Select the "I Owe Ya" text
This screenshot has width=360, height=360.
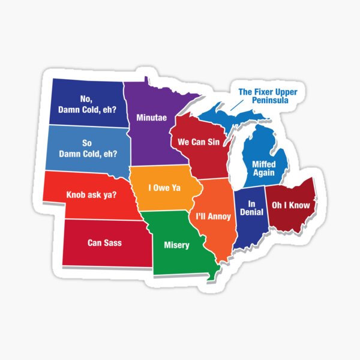click(x=164, y=188)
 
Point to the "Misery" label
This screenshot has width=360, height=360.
click(x=176, y=245)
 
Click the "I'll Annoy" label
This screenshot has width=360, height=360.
click(x=213, y=214)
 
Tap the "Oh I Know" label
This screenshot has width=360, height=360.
click(x=290, y=205)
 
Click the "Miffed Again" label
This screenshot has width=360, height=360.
click(x=263, y=168)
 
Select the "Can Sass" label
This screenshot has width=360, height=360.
click(x=104, y=242)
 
